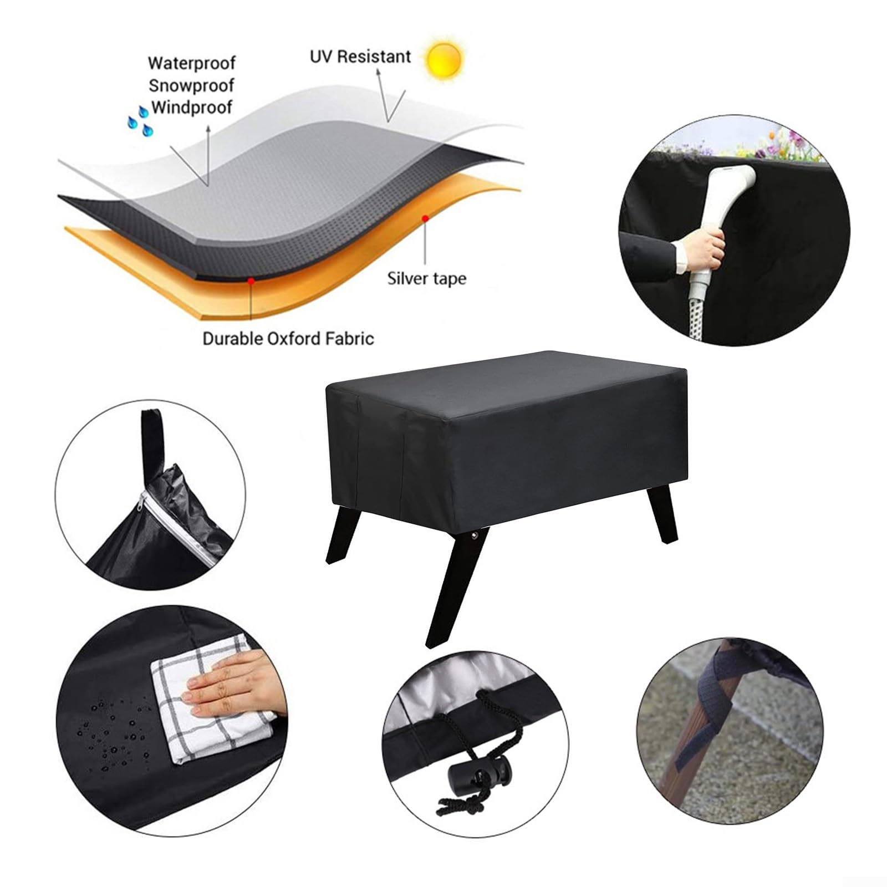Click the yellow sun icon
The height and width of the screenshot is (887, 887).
tap(444, 57)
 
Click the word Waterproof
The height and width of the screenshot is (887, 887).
tap(192, 63)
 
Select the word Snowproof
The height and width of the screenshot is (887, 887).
tap(191, 85)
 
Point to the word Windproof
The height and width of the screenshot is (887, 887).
tap(192, 107)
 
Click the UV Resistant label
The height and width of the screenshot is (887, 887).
tap(360, 57)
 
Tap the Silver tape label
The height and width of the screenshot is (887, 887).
tap(426, 278)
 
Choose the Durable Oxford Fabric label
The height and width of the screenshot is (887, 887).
tap(288, 338)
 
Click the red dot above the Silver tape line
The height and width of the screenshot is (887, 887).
tap(425, 218)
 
